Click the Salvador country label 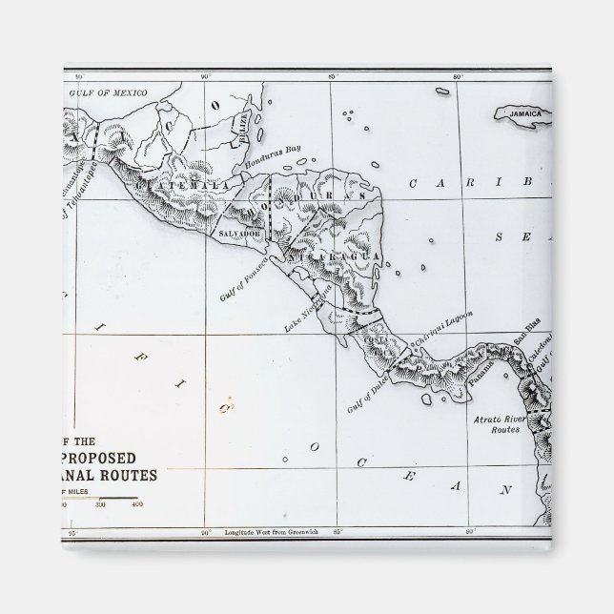tap(239, 233)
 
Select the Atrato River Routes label tap(500, 424)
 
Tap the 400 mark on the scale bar tap(137, 504)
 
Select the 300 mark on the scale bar tap(100, 504)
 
